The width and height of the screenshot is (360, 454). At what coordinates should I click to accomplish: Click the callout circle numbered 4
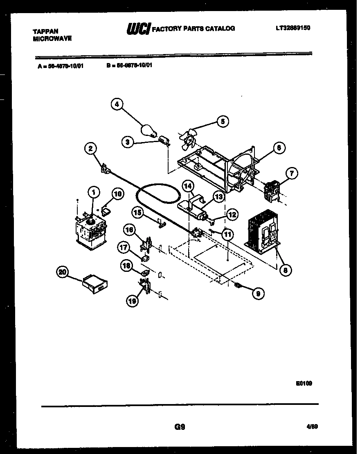[x=117, y=105]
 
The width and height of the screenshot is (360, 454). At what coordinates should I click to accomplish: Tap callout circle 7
[x=292, y=174]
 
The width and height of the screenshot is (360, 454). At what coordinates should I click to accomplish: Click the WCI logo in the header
[x=138, y=29]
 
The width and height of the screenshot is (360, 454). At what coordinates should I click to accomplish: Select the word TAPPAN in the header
[x=45, y=31]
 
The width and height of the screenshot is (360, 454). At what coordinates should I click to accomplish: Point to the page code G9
[x=180, y=427]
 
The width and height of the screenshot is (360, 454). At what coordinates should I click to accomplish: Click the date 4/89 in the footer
[x=312, y=427]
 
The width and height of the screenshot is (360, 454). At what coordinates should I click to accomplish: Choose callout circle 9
[x=258, y=293]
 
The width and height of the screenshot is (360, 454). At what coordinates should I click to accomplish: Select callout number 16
[x=129, y=230]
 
